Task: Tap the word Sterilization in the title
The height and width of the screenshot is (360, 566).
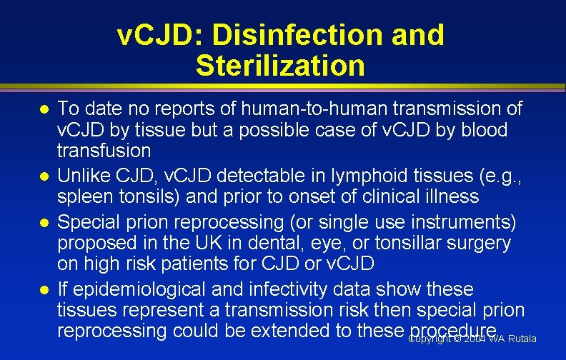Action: pyautogui.click(x=279, y=65)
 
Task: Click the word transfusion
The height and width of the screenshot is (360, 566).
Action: pyautogui.click(x=104, y=151)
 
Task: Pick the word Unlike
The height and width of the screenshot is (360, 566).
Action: pyautogui.click(x=81, y=175)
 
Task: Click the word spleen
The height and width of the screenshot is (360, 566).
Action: pyautogui.click(x=84, y=196)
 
